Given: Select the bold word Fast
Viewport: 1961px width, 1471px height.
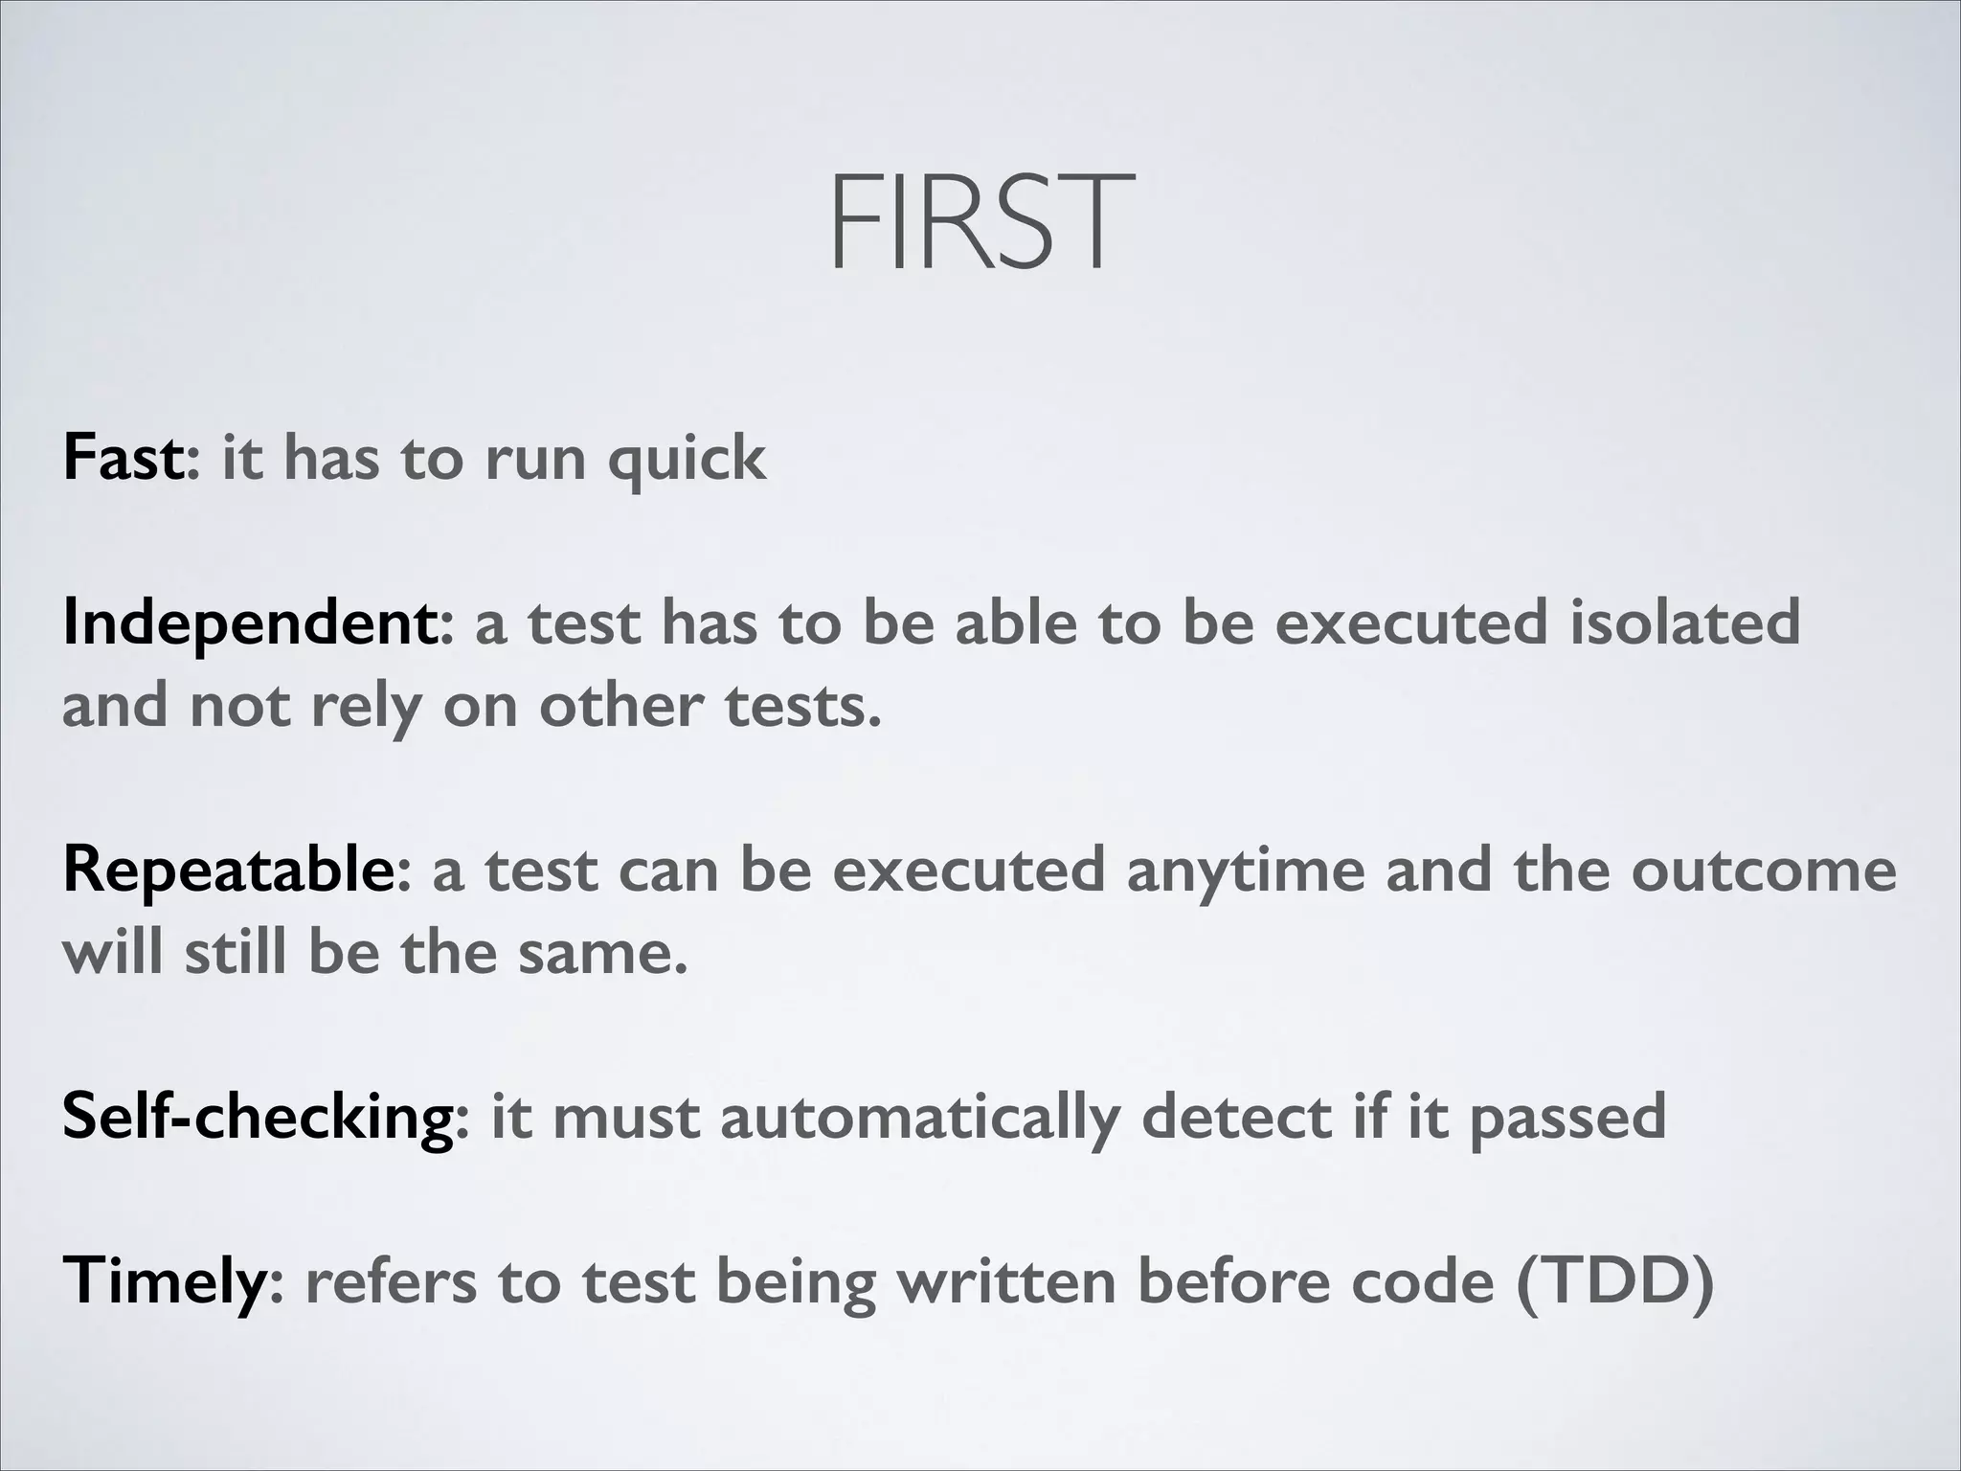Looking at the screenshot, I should click(x=123, y=458).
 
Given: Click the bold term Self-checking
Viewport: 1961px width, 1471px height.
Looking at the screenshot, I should click(x=257, y=1119).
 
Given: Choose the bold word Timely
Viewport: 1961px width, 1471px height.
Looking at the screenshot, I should click(x=164, y=1281).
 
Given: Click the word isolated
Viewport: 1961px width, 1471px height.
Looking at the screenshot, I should click(x=1685, y=622).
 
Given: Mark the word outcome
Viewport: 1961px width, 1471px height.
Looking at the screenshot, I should click(x=1764, y=871).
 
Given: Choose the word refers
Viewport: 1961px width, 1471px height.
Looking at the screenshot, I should click(x=390, y=1281).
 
